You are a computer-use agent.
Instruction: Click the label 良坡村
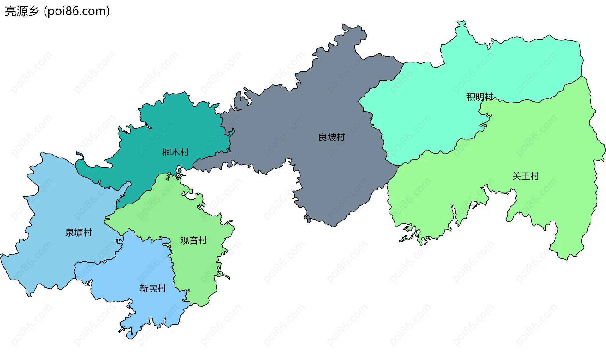(x=331, y=137)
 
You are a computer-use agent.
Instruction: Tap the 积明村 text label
(x=479, y=97)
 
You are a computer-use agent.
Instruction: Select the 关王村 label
(x=525, y=176)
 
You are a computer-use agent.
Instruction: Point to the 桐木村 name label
(x=175, y=152)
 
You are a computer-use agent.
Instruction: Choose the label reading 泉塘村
(x=78, y=233)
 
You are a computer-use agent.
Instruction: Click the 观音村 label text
(x=193, y=240)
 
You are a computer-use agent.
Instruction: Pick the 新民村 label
(x=152, y=288)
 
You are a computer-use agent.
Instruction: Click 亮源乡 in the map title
(x=22, y=11)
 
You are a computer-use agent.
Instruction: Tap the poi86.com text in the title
(x=77, y=11)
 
